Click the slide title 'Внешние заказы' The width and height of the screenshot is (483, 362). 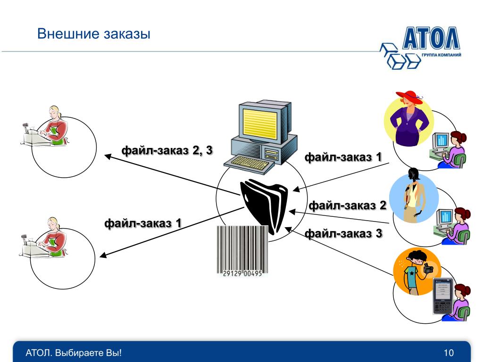coord(94,34)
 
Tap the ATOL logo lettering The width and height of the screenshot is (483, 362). coord(431,39)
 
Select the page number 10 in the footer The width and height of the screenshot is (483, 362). coord(449,353)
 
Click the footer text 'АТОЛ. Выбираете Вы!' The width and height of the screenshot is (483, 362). coord(74,353)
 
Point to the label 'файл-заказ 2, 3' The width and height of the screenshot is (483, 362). coord(167,150)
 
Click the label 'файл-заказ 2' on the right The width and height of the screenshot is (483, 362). coord(348,205)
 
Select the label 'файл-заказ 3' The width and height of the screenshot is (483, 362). coord(343,233)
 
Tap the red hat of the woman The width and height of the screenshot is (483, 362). coord(408,97)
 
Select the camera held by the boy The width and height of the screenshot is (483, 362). coord(428,269)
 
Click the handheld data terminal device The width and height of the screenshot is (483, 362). coord(443,296)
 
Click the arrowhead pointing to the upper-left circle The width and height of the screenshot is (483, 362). coord(108,156)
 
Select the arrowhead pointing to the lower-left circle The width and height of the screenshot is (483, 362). coord(103,256)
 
